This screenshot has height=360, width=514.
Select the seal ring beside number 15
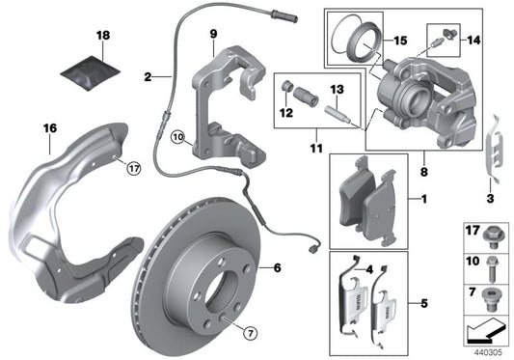pyautogui.click(x=348, y=42)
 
